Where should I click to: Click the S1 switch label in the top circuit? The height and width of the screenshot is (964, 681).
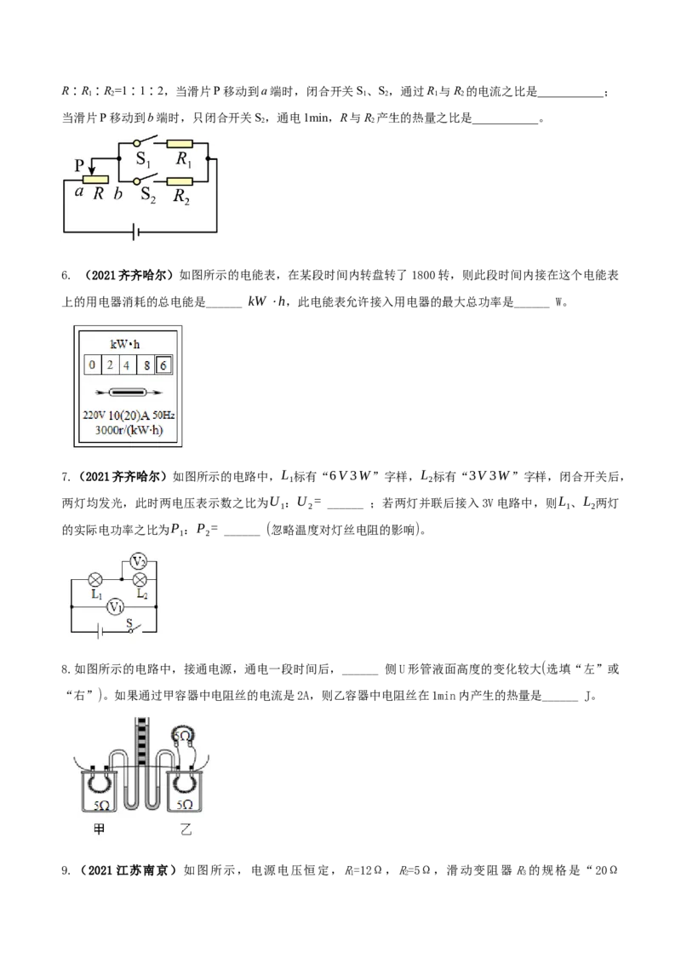tap(143, 160)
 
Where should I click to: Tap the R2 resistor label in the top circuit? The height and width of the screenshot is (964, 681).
tap(181, 196)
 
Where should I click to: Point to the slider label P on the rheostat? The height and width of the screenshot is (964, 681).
tap(79, 165)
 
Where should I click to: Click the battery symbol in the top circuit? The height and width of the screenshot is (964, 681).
tap(136, 232)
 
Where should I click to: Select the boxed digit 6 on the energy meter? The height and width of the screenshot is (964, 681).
tap(163, 365)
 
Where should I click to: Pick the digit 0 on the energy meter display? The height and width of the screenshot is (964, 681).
tap(92, 365)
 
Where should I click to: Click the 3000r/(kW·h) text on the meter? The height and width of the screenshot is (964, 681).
tap(129, 430)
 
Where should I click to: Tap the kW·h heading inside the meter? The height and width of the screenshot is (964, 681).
tap(125, 344)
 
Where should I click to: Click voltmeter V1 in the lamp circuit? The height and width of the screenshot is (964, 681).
tap(115, 607)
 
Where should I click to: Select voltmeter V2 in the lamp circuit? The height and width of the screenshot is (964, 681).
tap(139, 561)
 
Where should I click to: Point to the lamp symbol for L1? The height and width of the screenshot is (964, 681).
tap(95, 579)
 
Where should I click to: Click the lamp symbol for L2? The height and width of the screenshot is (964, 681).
tap(140, 579)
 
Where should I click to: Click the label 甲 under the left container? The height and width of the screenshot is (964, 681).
tap(99, 829)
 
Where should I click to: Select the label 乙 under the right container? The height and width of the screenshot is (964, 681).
tap(186, 829)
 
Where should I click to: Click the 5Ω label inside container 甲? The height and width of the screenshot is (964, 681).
tap(101, 805)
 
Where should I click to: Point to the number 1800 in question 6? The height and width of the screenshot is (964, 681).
tap(424, 275)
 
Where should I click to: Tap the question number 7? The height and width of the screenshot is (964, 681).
tap(66, 477)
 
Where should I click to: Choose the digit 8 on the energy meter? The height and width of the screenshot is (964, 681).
tap(147, 365)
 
